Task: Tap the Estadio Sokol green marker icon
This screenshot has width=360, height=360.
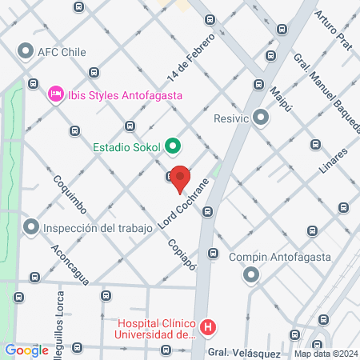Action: pyautogui.click(x=173, y=146)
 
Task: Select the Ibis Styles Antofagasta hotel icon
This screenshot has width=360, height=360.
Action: pyautogui.click(x=56, y=94)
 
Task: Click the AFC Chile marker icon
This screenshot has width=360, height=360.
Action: pyautogui.click(x=25, y=53)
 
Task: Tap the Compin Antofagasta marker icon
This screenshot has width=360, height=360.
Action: pyautogui.click(x=251, y=275)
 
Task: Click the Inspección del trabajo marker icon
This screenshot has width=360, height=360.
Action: pyautogui.click(x=31, y=228)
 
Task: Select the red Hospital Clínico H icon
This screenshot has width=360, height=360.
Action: pyautogui.click(x=208, y=326)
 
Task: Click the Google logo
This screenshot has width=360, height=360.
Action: pyautogui.click(x=26, y=350)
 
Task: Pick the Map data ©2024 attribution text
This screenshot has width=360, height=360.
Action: pyautogui.click(x=325, y=354)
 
